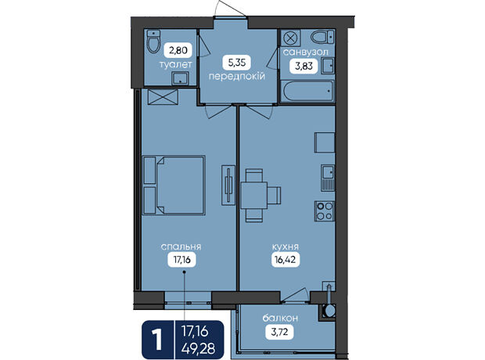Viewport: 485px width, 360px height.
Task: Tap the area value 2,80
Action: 178,50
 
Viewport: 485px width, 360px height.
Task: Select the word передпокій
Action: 236,76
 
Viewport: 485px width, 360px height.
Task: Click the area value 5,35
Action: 236,63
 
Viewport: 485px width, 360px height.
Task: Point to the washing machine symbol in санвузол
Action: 290,38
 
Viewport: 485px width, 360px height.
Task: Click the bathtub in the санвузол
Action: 307,91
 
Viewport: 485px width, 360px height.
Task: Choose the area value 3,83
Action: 304,66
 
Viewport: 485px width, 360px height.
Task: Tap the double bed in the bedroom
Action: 174,185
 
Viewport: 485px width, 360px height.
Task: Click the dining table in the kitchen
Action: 254,196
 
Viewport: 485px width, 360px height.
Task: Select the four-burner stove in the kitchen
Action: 325,211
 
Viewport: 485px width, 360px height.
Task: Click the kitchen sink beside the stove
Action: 328,178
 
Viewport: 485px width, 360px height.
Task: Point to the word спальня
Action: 181,247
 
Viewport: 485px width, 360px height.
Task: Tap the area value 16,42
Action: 286,260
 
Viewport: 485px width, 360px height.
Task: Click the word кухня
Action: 286,247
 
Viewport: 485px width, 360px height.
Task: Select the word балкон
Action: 280,319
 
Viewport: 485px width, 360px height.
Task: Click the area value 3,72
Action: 279,332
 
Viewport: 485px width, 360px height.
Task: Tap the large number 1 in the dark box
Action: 157,340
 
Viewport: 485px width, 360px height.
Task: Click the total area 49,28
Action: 198,348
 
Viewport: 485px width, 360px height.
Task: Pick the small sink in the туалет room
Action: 180,78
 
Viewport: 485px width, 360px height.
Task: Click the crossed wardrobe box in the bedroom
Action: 163,97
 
